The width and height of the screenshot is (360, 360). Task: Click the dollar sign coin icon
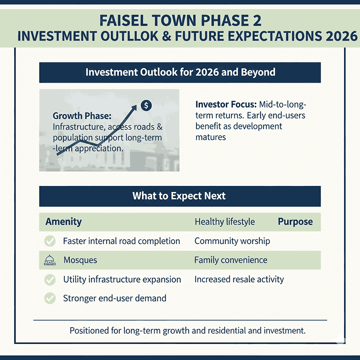tap(146, 106)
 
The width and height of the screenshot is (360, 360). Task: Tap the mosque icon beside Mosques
tap(50, 260)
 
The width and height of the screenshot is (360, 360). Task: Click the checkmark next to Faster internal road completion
tap(50, 241)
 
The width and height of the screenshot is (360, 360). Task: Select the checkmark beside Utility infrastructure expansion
tap(50, 280)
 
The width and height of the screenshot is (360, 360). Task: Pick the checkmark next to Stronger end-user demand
tap(50, 298)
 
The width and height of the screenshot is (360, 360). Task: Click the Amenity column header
tap(64, 222)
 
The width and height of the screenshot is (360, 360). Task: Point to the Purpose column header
tap(295, 222)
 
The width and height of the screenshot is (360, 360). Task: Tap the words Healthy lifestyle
tap(225, 222)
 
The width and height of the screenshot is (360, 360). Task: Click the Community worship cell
tap(232, 241)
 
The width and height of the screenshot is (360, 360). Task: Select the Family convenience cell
tap(231, 260)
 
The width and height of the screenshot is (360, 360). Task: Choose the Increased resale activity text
tap(239, 280)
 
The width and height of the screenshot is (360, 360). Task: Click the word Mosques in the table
tap(80, 260)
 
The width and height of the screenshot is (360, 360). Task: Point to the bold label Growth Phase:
tap(82, 116)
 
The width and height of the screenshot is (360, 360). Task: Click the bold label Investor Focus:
tap(226, 105)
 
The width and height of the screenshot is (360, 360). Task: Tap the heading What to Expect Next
tap(179, 196)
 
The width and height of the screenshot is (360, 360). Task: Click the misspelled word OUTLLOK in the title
tap(129, 36)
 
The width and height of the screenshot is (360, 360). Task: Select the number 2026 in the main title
tap(341, 36)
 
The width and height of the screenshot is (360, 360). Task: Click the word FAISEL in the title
tap(123, 21)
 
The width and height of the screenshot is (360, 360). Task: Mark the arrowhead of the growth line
tap(134, 108)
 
